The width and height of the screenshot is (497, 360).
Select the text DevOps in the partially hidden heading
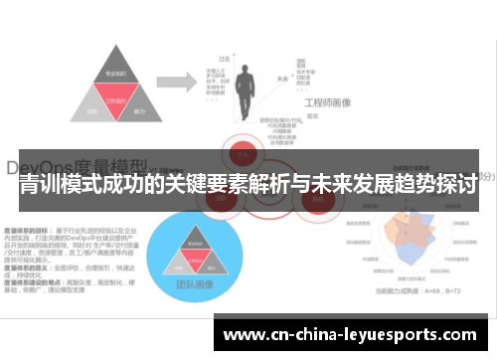pos(50,165)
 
